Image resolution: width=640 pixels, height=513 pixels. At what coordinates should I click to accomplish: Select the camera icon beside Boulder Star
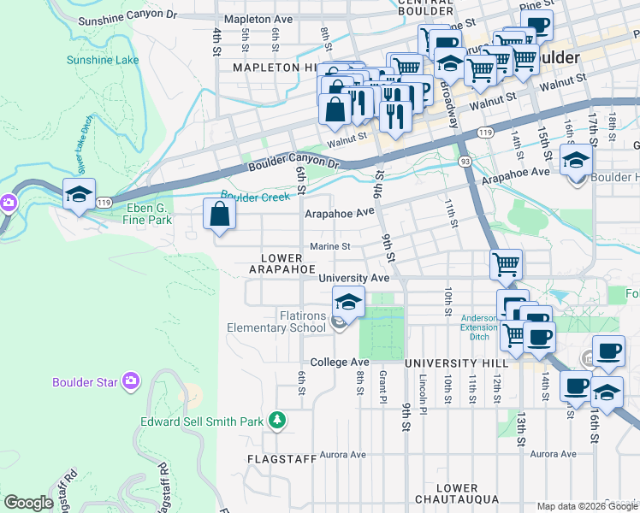click(130, 380)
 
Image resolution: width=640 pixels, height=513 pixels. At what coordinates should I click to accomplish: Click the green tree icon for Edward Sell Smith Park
click(276, 420)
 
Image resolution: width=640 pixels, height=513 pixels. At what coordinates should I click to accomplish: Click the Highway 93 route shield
click(464, 161)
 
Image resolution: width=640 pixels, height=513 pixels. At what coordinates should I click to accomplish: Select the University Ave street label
click(353, 278)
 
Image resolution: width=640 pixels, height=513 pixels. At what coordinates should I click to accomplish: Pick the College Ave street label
click(340, 363)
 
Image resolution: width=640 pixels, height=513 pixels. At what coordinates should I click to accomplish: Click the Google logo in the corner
click(28, 503)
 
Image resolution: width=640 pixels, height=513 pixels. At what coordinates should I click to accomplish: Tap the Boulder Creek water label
click(250, 197)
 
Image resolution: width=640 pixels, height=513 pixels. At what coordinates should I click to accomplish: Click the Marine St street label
click(329, 247)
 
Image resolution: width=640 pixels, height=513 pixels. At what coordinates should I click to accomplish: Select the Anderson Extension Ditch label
click(479, 327)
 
